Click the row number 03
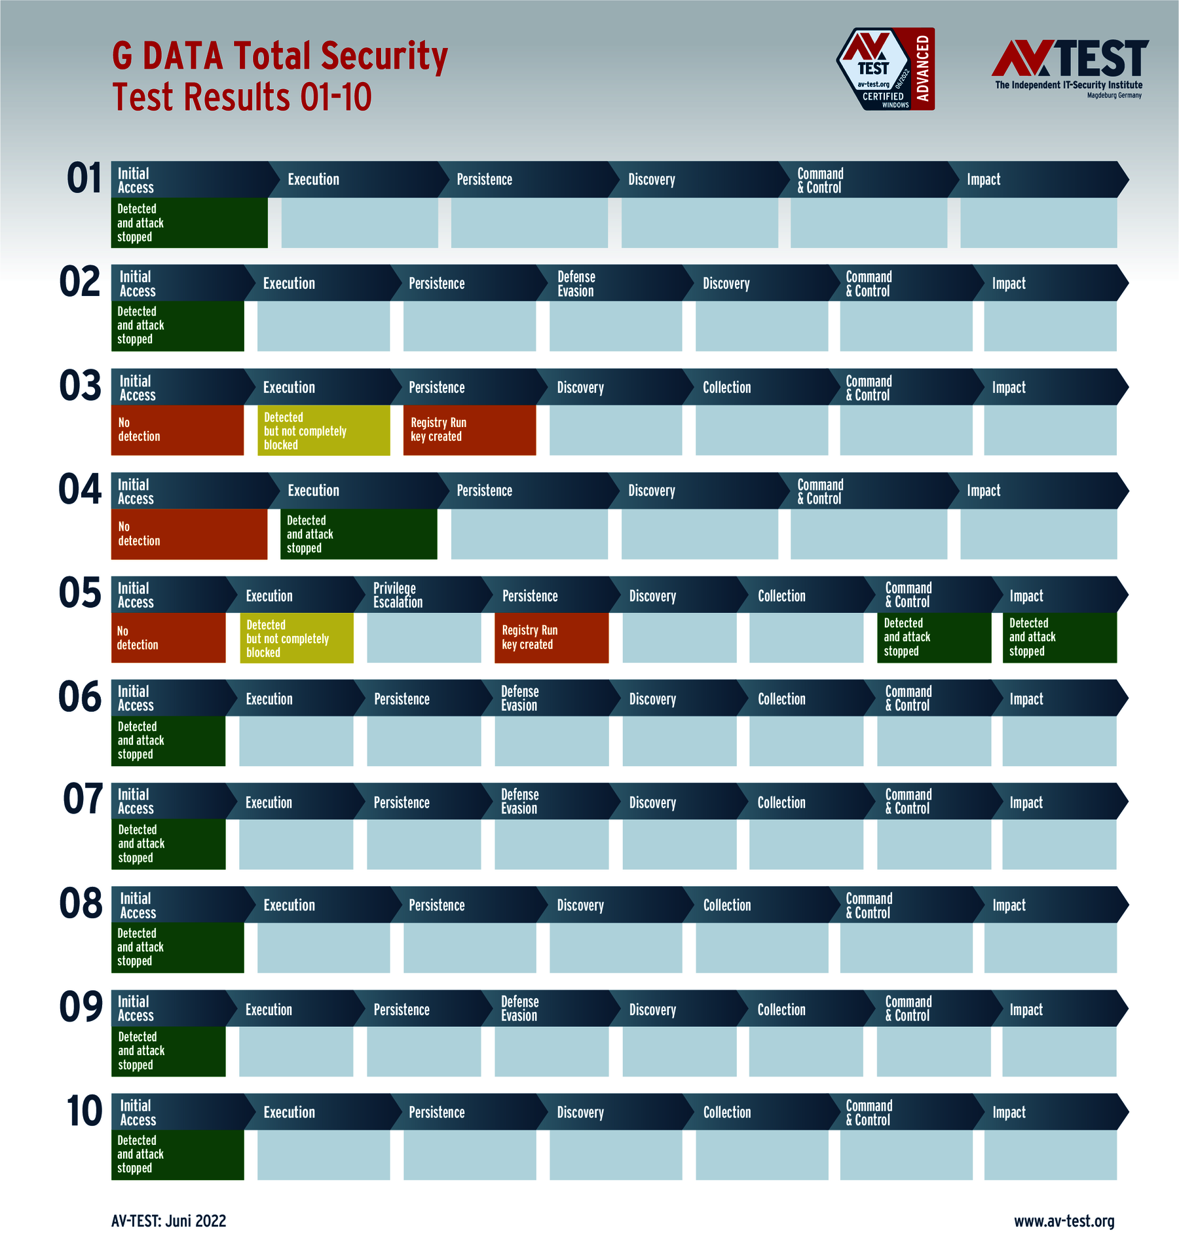click(81, 386)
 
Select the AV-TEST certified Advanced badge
click(886, 69)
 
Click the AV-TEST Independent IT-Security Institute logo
click(1070, 68)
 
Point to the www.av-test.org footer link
click(1064, 1221)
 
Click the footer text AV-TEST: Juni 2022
click(168, 1221)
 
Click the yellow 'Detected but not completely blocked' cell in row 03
click(324, 431)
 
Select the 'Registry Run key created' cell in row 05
click(552, 638)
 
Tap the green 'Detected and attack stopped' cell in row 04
click(358, 534)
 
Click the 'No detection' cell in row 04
click(189, 534)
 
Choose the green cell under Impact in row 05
click(1059, 638)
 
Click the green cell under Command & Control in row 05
click(934, 638)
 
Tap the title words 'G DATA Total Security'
click(280, 56)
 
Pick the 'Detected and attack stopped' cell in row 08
click(178, 948)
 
